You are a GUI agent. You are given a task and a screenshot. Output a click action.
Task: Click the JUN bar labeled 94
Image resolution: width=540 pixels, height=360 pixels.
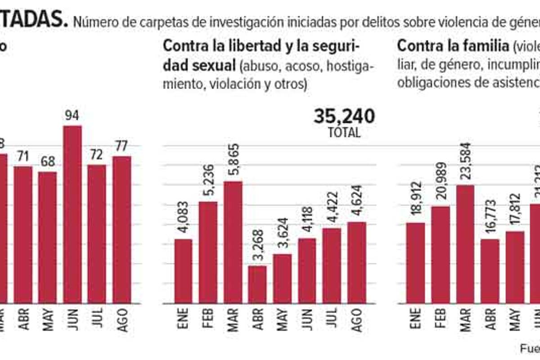click(x=72, y=214)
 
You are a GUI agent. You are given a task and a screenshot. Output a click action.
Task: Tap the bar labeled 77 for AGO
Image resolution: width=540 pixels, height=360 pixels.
click(x=121, y=229)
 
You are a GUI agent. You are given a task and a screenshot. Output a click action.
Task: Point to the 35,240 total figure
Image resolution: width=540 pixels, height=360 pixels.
click(x=344, y=117)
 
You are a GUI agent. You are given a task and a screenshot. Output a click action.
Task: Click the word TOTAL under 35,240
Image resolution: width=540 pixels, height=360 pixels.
click(x=344, y=133)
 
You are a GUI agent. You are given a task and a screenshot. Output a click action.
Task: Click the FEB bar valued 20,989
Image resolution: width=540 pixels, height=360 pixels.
click(x=441, y=254)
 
